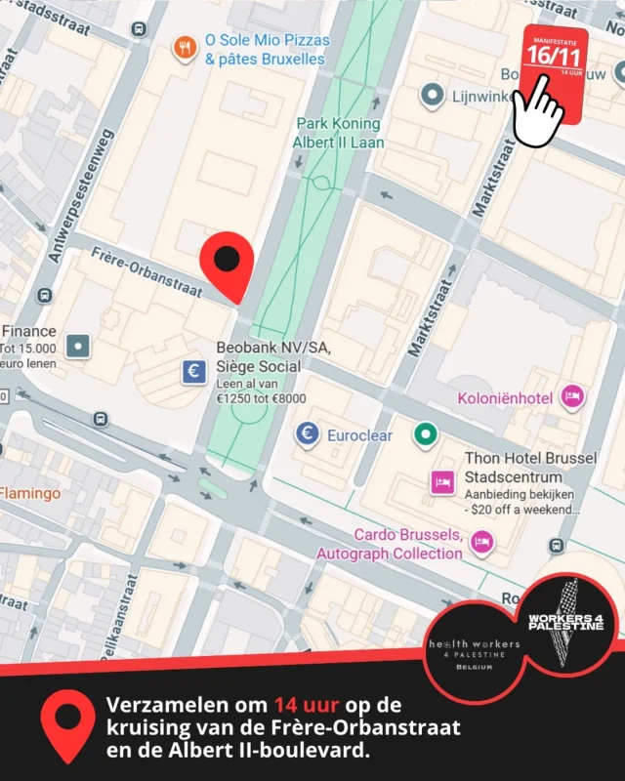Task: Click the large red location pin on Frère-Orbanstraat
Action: pos(227,262)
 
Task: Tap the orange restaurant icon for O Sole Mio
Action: pos(185,48)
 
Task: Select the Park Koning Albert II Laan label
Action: pos(338,133)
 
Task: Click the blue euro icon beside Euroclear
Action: pos(309,434)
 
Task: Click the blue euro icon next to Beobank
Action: pos(193,371)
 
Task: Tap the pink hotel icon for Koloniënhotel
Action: pos(573,396)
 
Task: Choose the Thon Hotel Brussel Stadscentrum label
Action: pos(513,468)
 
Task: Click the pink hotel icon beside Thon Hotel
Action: pos(442,481)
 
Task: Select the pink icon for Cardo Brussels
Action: pos(480,542)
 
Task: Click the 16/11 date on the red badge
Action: pos(554,57)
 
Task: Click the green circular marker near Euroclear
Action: pos(425,433)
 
